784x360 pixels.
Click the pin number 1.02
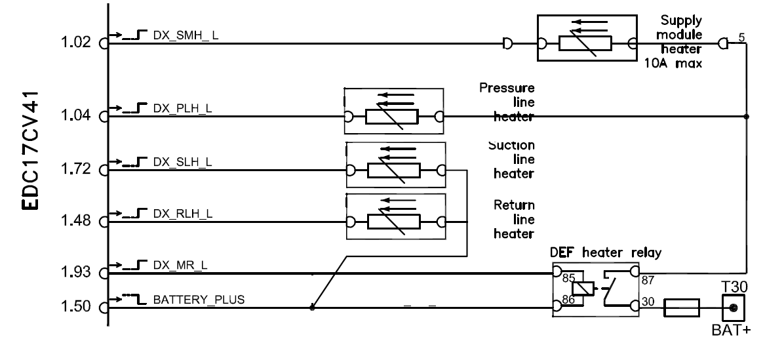pyautogui.click(x=77, y=45)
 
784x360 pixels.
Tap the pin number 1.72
pyautogui.click(x=77, y=171)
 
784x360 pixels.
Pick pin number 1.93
pyautogui.click(x=77, y=271)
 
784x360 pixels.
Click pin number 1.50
pyautogui.click(x=77, y=307)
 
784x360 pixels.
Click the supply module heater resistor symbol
pyautogui.click(x=585, y=43)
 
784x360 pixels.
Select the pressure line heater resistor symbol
pyautogui.click(x=392, y=117)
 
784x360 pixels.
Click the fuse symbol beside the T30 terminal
pyautogui.click(x=682, y=307)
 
